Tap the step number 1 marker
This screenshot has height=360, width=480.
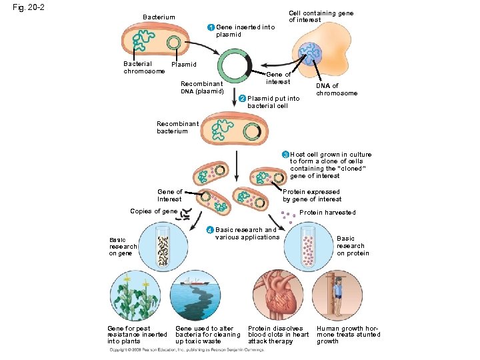(x=210, y=27)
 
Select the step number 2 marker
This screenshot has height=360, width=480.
(x=241, y=99)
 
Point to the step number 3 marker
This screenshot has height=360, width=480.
(x=285, y=155)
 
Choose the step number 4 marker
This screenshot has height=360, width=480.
(x=210, y=231)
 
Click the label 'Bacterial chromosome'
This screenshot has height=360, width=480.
(x=143, y=67)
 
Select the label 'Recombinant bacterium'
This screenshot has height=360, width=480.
(x=177, y=127)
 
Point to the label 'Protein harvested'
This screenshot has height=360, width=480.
(x=327, y=213)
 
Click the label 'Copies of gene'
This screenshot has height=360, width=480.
(x=154, y=211)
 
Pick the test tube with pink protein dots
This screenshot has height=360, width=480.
(x=308, y=246)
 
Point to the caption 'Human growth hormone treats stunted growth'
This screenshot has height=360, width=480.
(x=348, y=335)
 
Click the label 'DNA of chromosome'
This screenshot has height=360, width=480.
(x=336, y=89)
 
